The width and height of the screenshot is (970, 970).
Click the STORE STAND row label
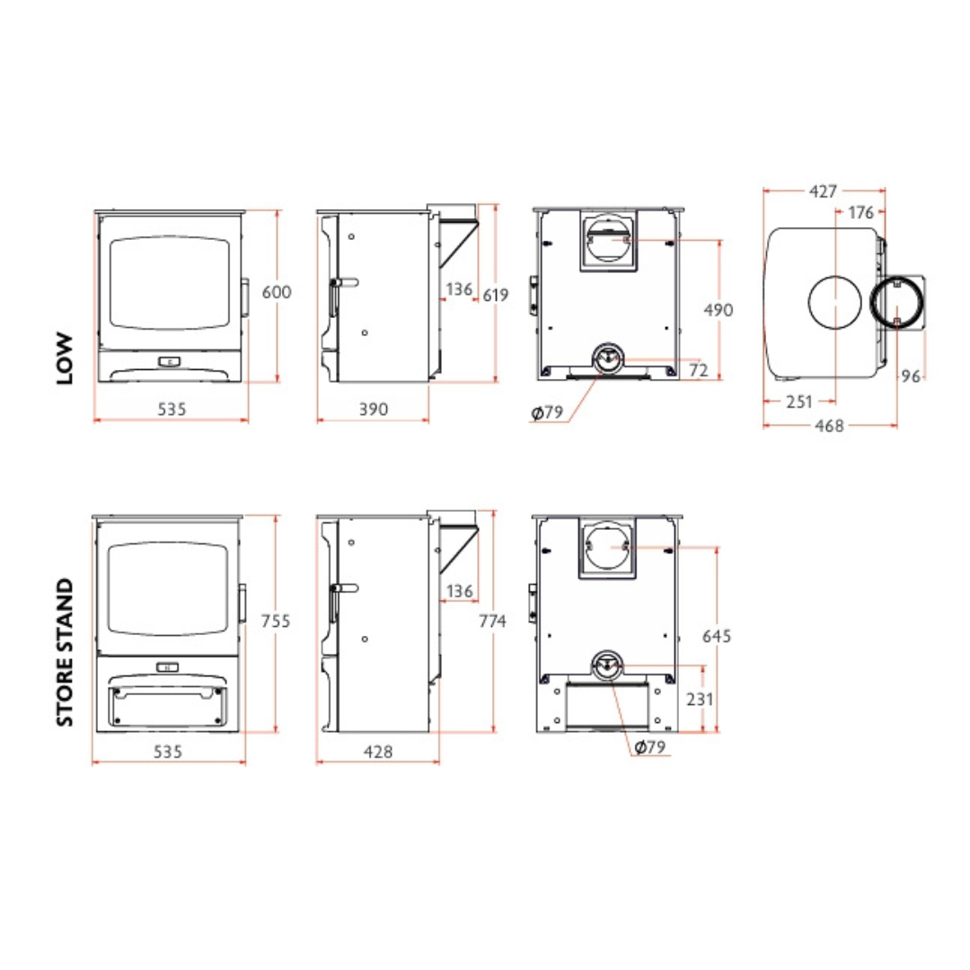point(64,651)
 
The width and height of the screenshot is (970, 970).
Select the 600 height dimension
point(277,292)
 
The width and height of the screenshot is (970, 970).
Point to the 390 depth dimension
point(373,410)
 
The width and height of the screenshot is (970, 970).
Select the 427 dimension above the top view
point(823,191)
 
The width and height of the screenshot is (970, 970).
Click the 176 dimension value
point(860,213)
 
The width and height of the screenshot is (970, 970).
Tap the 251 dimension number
point(798,401)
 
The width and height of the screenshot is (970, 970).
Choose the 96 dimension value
point(912,376)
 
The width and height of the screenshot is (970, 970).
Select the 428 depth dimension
point(378,752)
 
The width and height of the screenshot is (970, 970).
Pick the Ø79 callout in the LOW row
point(547,413)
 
